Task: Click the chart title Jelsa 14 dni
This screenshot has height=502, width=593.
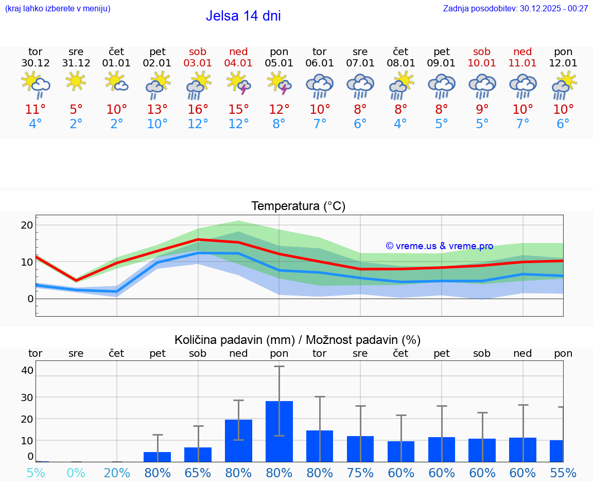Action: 243,16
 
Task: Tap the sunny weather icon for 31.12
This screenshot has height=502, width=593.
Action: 76,81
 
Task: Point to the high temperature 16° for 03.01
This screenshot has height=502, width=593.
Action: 198,109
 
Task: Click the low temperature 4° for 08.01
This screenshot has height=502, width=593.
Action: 400,124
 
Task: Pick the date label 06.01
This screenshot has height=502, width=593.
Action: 319,63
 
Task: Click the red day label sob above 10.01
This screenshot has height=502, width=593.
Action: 482,52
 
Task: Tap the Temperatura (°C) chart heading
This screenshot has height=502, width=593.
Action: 298,206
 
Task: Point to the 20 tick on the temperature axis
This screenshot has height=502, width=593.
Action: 27,225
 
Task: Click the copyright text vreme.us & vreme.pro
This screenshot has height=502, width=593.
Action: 439,246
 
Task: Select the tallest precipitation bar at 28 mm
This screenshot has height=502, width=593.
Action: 279,431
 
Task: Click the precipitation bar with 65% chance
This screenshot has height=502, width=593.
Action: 198,454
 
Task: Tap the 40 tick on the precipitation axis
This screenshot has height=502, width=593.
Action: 27,370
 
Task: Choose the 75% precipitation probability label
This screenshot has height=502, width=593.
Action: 360,473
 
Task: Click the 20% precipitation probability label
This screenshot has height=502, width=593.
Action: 117,473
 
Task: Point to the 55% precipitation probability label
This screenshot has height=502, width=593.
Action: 563,473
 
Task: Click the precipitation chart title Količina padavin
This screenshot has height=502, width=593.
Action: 298,340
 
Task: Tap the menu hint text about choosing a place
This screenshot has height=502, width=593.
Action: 57,8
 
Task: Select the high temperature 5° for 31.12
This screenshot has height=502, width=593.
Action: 76,109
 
